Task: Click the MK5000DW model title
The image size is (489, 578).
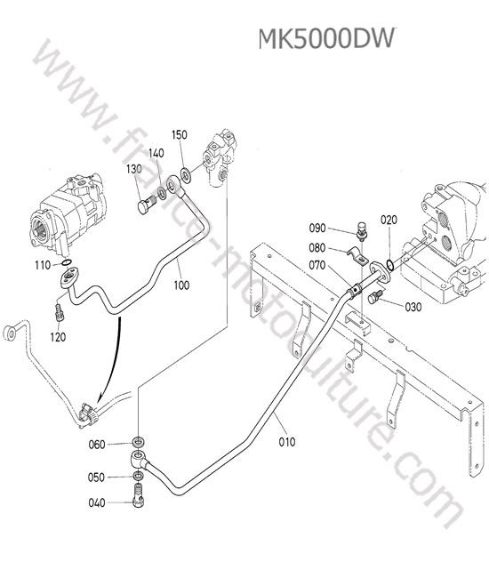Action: coord(326,39)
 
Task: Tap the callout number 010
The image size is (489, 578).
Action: coord(286,442)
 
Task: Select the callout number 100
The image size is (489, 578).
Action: coord(181,285)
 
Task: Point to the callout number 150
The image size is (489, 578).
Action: coord(180,135)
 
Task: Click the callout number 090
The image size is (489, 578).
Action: coord(317,229)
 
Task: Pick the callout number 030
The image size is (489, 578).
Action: coord(413,307)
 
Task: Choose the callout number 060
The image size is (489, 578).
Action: coord(97,445)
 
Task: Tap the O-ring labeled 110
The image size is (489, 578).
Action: coord(67,263)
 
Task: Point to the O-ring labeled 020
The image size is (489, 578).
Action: coord(390,264)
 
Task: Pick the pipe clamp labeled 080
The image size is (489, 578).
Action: coord(358,256)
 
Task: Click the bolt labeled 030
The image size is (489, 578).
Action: coord(375,296)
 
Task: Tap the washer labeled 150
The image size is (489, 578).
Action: coord(185,174)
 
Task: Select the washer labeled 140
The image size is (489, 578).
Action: coord(162,192)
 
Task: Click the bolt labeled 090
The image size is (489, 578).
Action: coord(362,230)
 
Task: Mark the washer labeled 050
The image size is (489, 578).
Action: coord(138,476)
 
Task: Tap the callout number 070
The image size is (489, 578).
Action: coord(317,265)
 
